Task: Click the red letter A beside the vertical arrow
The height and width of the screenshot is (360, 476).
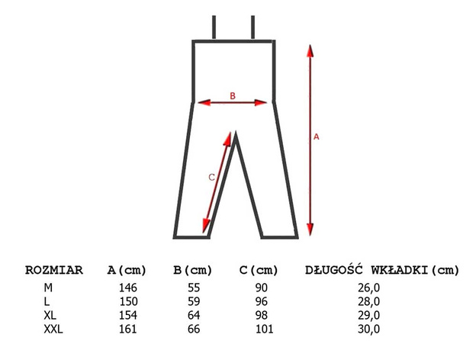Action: pos(317,137)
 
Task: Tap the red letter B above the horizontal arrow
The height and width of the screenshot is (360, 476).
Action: pos(233,96)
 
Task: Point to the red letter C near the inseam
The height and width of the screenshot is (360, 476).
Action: pos(211,177)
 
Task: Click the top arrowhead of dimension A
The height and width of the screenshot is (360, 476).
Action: pos(310,51)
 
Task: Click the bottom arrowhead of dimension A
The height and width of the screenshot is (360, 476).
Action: pos(310,229)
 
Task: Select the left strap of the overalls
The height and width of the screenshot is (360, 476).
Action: pos(214,27)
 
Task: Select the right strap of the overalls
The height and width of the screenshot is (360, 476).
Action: pos(253,27)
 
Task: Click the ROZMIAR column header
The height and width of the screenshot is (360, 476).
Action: pos(54,270)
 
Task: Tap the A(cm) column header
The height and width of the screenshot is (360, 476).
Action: pos(127,270)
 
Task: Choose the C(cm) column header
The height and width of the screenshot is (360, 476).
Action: pos(259,270)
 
